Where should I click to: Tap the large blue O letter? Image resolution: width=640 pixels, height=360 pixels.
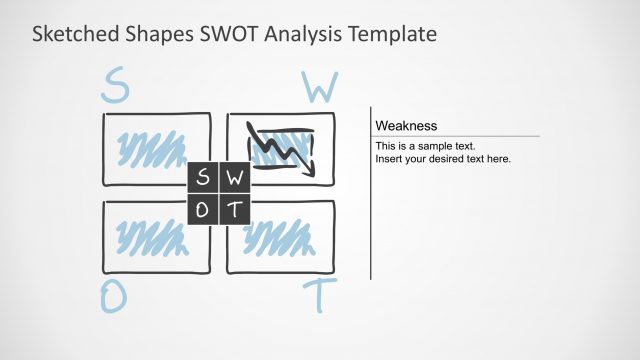pos(113,296)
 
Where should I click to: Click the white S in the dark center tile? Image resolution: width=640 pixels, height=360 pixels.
pos(203,179)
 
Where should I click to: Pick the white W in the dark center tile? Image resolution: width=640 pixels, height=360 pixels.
pos(235,179)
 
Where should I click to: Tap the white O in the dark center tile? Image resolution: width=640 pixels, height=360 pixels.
pos(203,209)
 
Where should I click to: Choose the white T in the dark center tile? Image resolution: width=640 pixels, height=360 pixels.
pos(235,209)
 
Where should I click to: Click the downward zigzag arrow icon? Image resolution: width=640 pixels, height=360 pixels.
pos(280,148)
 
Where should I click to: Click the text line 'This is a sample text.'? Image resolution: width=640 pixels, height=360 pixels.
pos(425,146)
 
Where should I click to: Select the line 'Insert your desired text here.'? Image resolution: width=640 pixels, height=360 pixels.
pos(443,159)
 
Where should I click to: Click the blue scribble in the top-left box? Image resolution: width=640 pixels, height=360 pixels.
pos(150,149)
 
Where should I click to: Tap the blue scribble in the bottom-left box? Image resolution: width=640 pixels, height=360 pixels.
pos(150,236)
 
